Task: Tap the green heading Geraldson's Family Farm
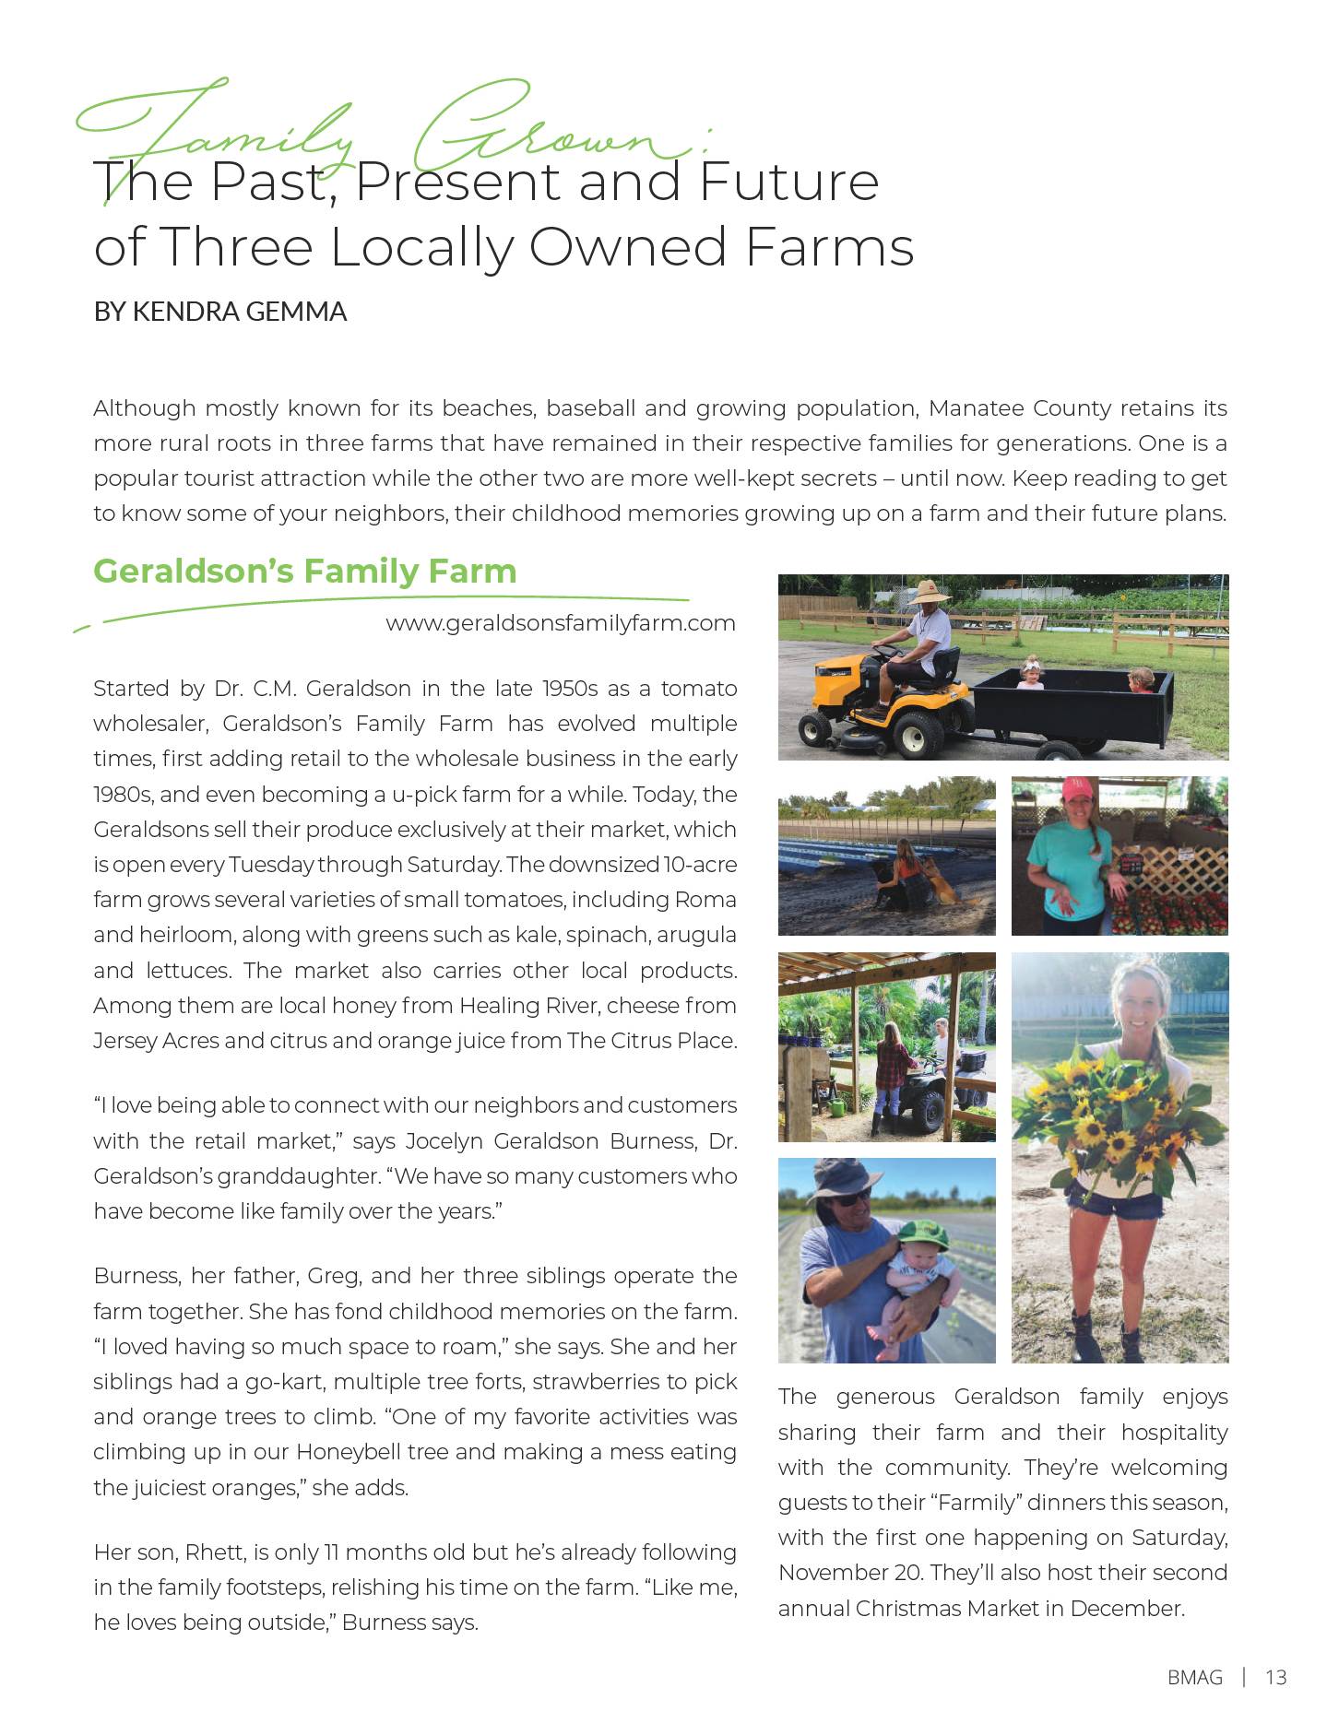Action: pos(304,571)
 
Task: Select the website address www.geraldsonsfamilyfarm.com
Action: pos(561,623)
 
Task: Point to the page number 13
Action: pos(1275,1677)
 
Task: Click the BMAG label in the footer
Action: pos(1194,1677)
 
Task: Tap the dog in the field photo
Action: pos(941,884)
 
